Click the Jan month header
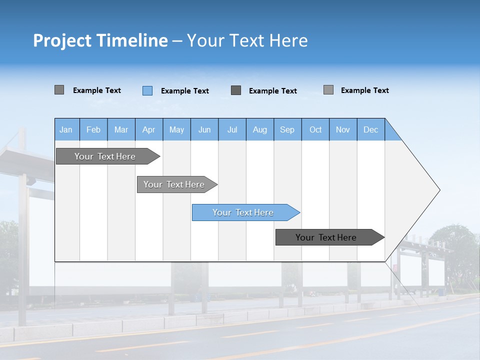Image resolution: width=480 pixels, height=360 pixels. [x=66, y=129]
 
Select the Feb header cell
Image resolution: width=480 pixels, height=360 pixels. [x=93, y=129]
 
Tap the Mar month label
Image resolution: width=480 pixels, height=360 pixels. [x=121, y=129]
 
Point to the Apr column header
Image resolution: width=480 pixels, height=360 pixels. [x=149, y=129]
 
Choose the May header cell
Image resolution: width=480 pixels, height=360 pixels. [x=176, y=129]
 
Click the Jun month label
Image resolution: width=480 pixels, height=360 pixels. [x=204, y=129]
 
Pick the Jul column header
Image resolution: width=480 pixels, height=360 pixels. [x=232, y=129]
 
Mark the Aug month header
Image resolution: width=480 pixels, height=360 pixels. [x=260, y=129]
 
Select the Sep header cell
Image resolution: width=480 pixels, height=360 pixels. [x=287, y=129]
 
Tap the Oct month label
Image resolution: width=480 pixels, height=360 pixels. [x=315, y=129]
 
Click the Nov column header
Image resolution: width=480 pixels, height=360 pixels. [x=343, y=129]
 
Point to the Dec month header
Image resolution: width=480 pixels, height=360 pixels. [x=371, y=129]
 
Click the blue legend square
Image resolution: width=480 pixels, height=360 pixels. [x=147, y=90]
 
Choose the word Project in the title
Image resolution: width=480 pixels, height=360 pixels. [x=61, y=40]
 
